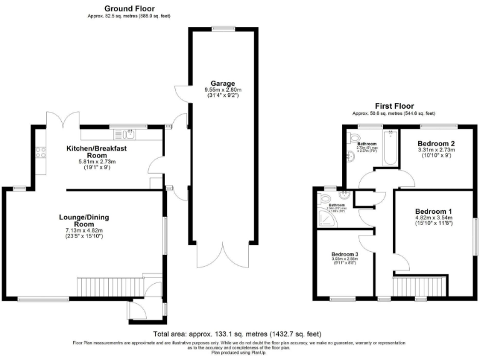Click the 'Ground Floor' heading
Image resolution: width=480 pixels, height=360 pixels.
point(129,8)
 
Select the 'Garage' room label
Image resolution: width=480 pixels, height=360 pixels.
point(222,83)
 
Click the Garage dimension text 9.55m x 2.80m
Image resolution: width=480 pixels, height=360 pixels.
point(222,90)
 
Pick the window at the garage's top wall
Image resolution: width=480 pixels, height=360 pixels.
point(223,28)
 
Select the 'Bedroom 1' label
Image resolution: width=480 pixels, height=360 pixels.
point(435,211)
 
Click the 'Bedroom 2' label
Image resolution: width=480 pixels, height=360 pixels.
point(436,142)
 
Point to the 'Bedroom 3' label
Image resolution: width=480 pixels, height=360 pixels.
point(345,254)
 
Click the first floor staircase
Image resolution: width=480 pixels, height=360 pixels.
point(419,287)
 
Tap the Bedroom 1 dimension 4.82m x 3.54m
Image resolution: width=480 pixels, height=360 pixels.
point(435,218)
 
